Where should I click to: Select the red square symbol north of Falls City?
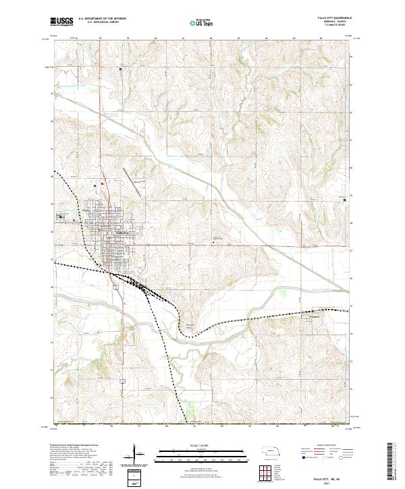coord(102,183)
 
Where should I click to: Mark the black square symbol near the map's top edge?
coord(122,68)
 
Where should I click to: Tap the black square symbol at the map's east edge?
coord(346,200)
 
